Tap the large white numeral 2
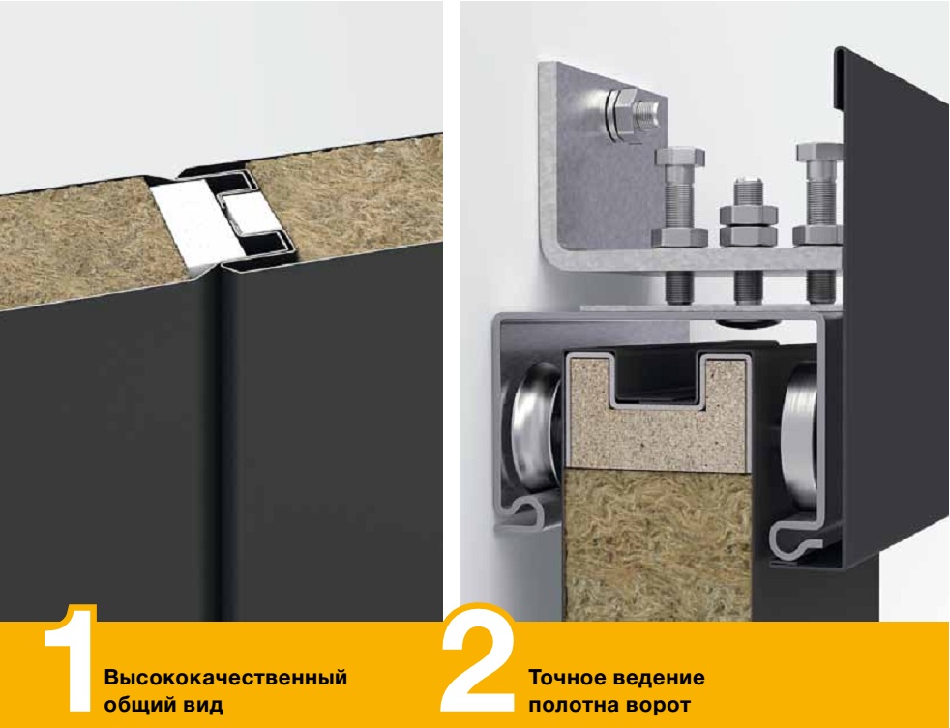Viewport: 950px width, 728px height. pyautogui.click(x=479, y=658)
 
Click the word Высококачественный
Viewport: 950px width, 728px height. pyautogui.click(x=225, y=677)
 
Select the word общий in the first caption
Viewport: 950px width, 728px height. pyautogui.click(x=140, y=705)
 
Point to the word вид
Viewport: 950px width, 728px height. pyautogui.click(x=203, y=705)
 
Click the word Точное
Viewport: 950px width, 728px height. pyautogui.click(x=566, y=677)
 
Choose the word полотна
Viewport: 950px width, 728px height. pyautogui.click(x=575, y=705)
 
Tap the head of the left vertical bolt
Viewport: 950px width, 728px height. pyautogui.click(x=680, y=157)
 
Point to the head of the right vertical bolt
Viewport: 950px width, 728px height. pyautogui.click(x=819, y=153)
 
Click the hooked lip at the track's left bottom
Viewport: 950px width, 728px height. pyautogui.click(x=526, y=512)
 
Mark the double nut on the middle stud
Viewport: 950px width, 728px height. pyautogui.click(x=749, y=225)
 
